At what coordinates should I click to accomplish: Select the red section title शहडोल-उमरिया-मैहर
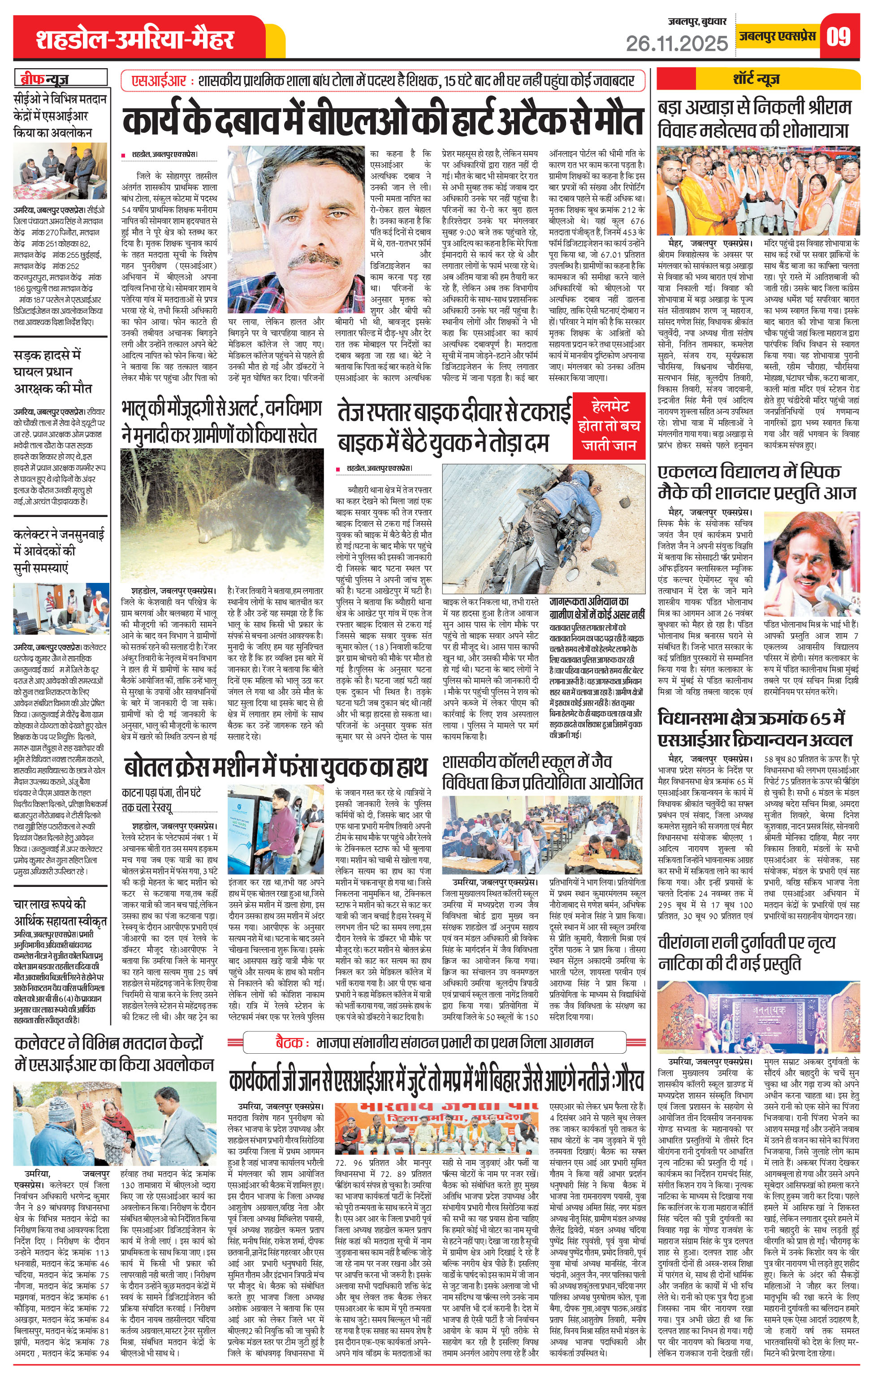135,39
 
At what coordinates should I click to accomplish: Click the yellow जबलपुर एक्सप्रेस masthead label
776,36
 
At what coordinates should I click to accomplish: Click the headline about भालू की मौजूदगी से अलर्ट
221,421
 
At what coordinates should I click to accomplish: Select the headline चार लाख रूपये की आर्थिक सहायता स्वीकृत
60,912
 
